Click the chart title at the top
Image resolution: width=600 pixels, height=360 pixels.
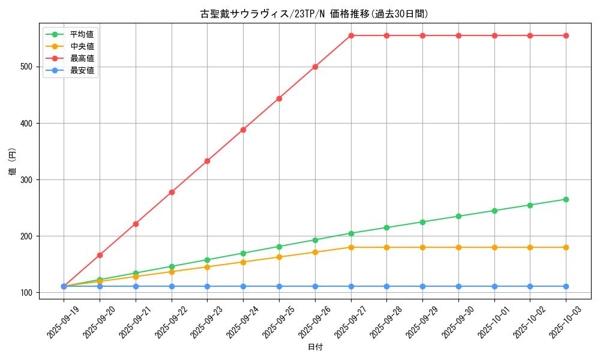click(x=314, y=14)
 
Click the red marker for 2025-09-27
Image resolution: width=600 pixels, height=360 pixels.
click(x=351, y=35)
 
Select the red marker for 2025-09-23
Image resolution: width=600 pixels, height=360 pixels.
click(x=207, y=161)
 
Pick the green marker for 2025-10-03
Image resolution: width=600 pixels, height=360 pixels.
click(x=566, y=199)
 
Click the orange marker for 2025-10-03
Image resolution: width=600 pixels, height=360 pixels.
click(x=566, y=247)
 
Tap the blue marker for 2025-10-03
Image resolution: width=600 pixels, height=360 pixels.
click(x=566, y=286)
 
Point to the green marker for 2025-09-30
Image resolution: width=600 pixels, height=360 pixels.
click(x=458, y=216)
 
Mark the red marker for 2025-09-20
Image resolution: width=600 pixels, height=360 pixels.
click(x=100, y=255)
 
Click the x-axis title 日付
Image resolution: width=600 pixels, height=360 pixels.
click(x=315, y=347)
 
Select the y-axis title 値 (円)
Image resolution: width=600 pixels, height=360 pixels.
click(x=13, y=163)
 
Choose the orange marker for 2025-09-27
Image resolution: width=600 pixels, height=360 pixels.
click(x=351, y=247)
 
